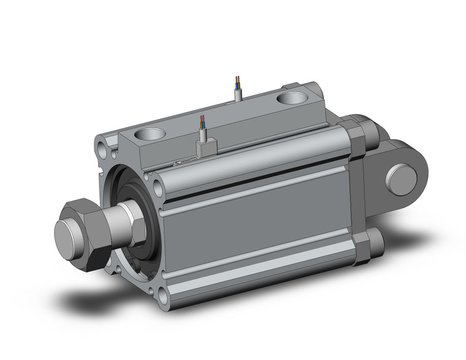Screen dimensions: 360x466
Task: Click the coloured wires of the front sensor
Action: (x=202, y=126)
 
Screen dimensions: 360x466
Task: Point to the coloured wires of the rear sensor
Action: (x=239, y=83)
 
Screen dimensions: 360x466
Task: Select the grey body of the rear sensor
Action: (x=239, y=95)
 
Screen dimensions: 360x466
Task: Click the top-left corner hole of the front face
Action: (x=100, y=147)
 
